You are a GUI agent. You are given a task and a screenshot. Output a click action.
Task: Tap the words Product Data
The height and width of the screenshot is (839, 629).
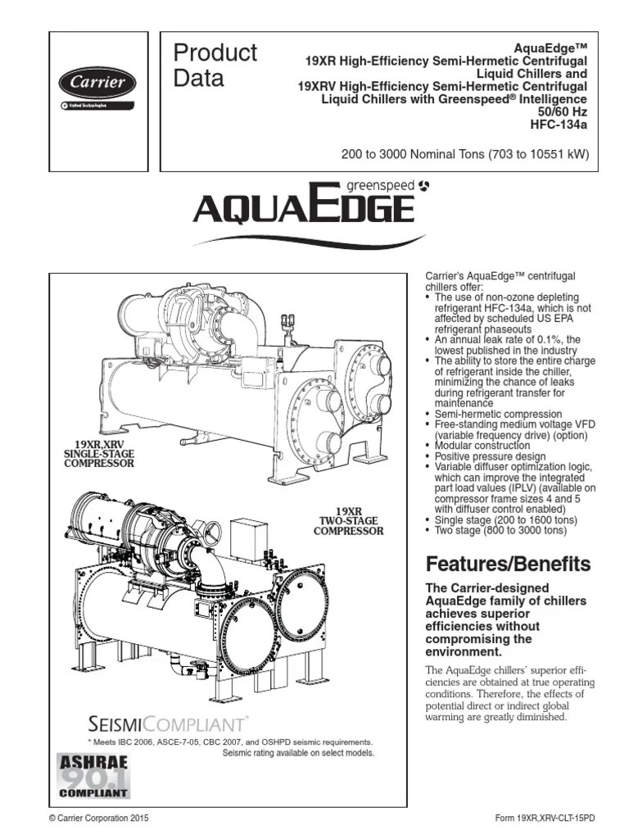(x=215, y=66)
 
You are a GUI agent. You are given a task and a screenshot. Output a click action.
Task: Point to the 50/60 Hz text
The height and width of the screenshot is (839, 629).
(x=563, y=112)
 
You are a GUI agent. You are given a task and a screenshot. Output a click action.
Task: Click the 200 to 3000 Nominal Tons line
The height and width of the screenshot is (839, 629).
(x=464, y=153)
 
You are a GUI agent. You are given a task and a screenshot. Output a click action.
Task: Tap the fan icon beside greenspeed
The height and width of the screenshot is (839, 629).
(x=423, y=187)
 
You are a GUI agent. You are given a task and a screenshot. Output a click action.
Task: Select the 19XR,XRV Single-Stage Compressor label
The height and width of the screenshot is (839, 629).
(x=98, y=453)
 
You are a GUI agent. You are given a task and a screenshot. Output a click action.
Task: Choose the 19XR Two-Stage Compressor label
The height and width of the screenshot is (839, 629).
(x=348, y=520)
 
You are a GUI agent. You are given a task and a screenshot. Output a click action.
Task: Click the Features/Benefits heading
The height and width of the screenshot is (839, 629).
(x=507, y=564)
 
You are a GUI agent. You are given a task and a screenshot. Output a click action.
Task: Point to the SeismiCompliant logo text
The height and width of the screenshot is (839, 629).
(x=167, y=723)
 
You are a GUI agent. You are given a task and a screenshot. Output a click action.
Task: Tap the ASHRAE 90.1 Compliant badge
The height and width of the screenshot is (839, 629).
(x=93, y=775)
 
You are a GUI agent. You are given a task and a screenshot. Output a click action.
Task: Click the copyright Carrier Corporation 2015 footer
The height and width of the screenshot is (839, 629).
(x=99, y=818)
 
